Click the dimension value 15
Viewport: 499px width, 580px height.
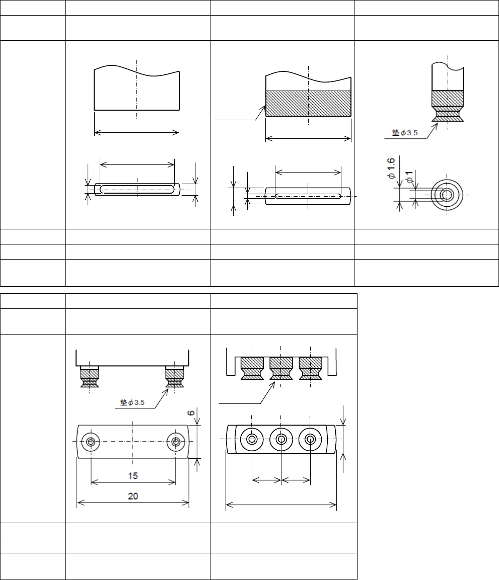pos(133,475)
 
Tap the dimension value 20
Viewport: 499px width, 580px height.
pos(133,496)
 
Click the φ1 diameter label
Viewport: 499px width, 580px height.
pos(409,177)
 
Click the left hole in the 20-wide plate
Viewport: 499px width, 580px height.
pos(91,442)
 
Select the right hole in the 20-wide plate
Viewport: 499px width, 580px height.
pos(176,442)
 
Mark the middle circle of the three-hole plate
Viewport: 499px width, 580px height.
pos(281,440)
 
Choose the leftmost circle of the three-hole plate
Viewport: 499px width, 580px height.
pos(252,440)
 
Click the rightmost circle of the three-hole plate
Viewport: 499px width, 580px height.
pos(310,440)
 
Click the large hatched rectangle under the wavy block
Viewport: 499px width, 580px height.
pos(308,104)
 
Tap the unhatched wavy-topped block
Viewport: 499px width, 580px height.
pos(136,91)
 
